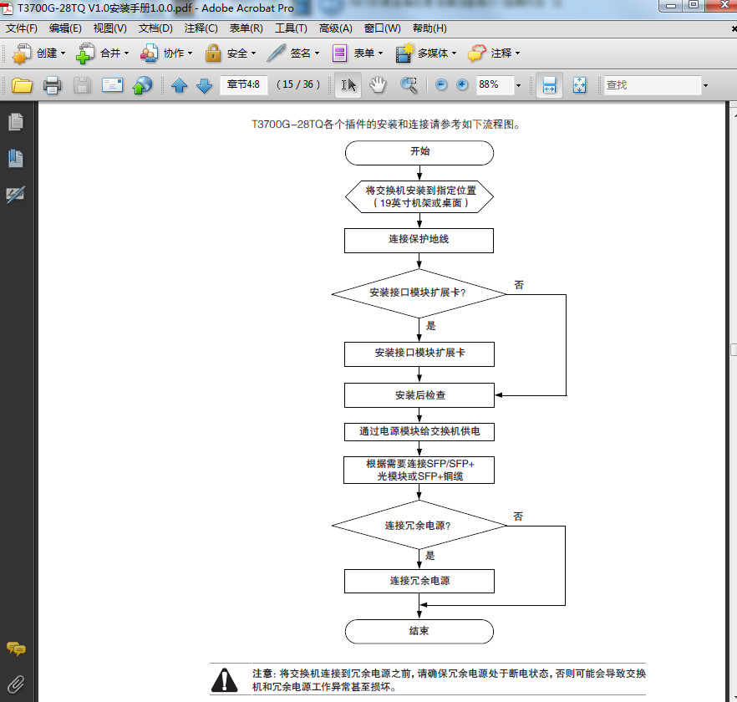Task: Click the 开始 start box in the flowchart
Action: coord(419,153)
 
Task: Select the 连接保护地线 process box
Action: coord(419,240)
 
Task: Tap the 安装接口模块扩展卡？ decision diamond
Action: coord(419,293)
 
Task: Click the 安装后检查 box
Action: coord(419,394)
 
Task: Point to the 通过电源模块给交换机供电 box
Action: coord(419,431)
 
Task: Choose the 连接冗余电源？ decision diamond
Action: coord(419,526)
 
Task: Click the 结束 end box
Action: coord(419,631)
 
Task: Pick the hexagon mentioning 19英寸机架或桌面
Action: coord(419,196)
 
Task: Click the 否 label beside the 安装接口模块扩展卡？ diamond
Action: coord(519,285)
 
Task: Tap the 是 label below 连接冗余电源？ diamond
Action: coord(430,555)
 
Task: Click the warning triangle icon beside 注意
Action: coord(225,679)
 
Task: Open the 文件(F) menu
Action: coord(22,28)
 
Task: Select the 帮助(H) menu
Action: coord(429,28)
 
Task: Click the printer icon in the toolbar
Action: coord(52,85)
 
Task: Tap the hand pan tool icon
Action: coord(379,84)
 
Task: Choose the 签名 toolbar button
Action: coord(293,53)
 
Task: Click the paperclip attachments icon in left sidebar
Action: coord(16,683)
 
